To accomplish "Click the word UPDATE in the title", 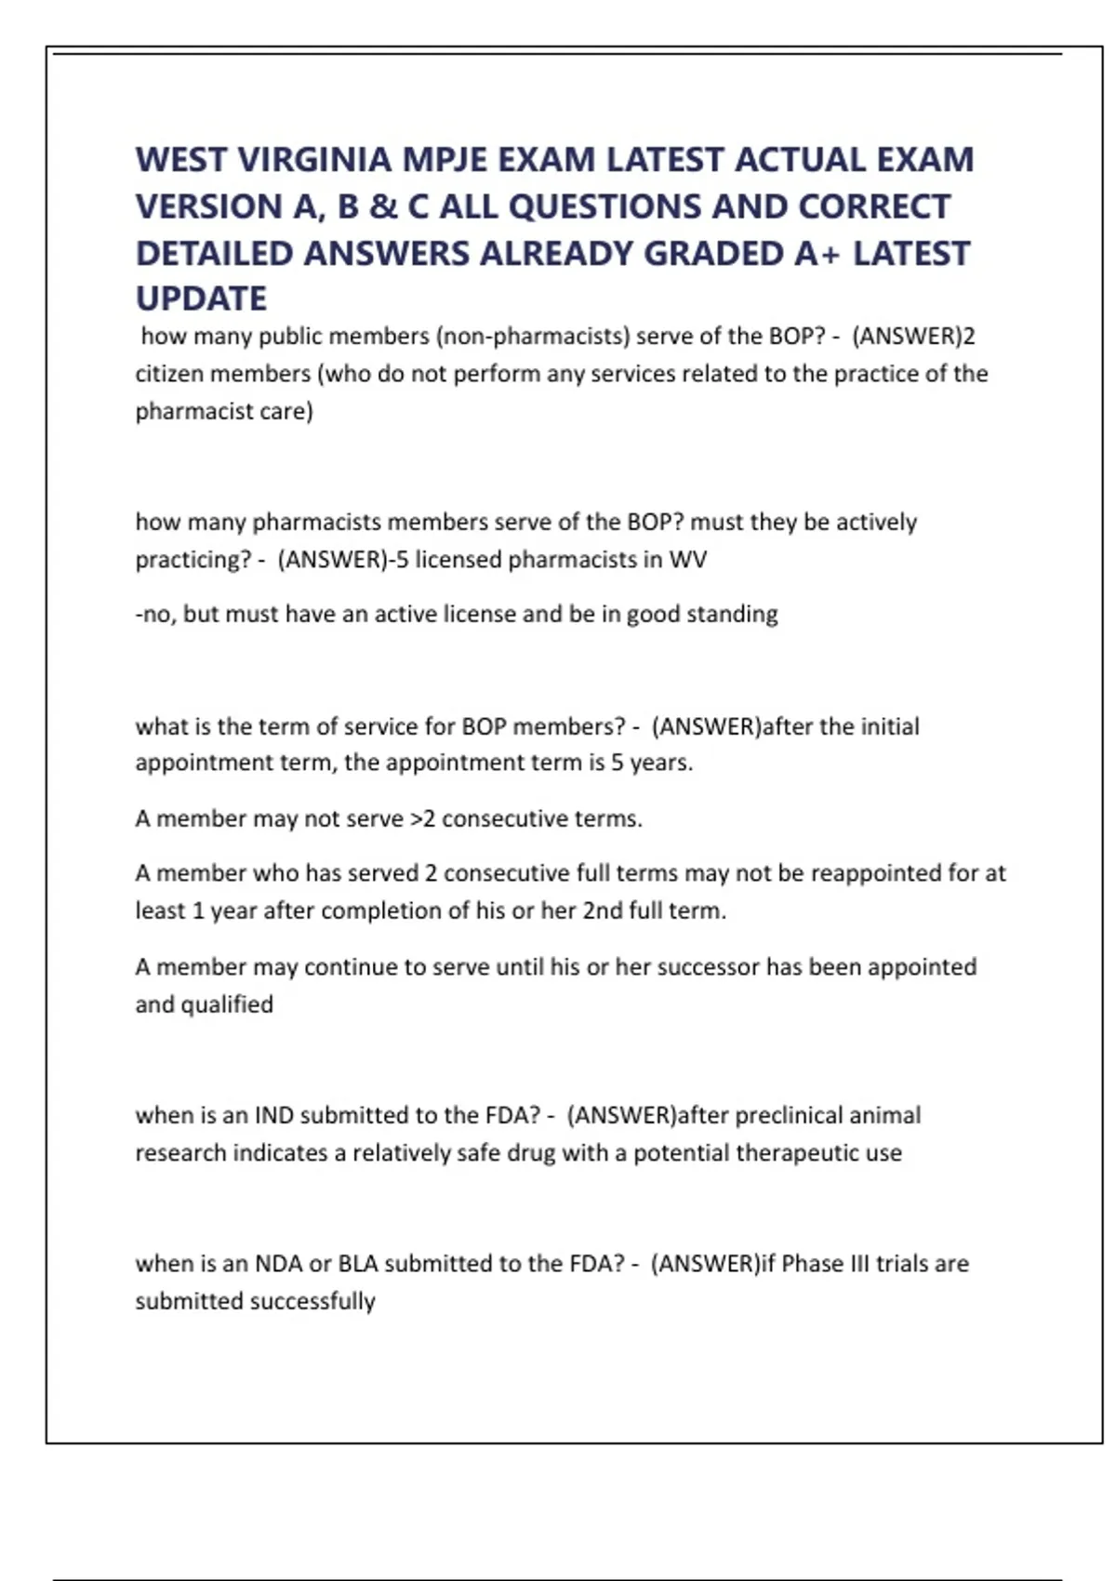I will coord(201,299).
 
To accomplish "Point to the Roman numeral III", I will coord(854,1264).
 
